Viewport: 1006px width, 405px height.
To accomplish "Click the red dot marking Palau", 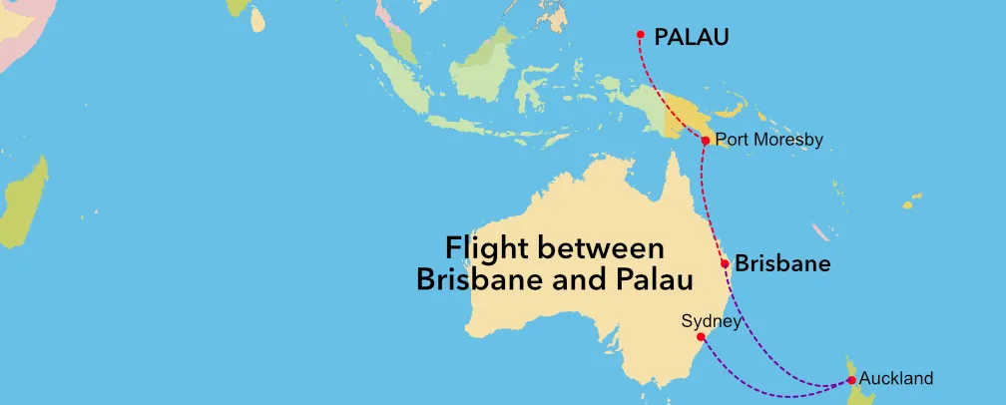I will pyautogui.click(x=641, y=36).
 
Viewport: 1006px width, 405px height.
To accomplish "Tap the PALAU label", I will pyautogui.click(x=691, y=38).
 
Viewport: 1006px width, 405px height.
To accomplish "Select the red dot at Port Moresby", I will pyautogui.click(x=706, y=141).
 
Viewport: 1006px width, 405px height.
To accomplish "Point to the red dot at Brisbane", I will pyautogui.click(x=725, y=264).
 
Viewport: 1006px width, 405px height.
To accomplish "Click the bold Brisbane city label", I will pyautogui.click(x=783, y=264).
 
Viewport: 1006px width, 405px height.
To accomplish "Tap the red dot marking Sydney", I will pyautogui.click(x=700, y=337).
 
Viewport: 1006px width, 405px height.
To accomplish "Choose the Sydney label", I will pyautogui.click(x=711, y=321).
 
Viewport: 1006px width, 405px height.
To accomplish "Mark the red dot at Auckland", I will pyautogui.click(x=850, y=380).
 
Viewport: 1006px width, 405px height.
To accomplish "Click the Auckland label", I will pyautogui.click(x=895, y=378).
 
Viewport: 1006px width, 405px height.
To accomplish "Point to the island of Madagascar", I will pyautogui.click(x=25, y=204).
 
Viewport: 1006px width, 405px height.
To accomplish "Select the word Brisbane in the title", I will pyautogui.click(x=469, y=279).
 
